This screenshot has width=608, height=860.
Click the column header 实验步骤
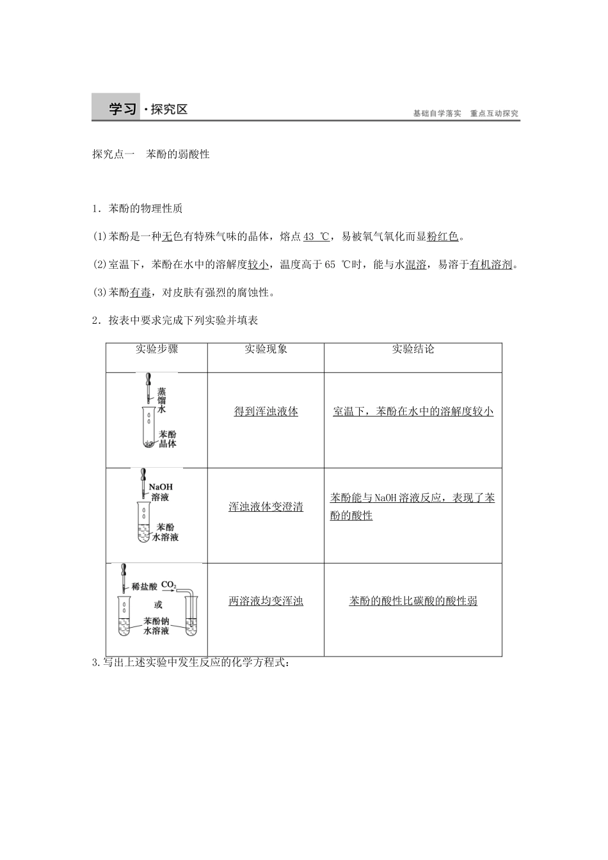point(157,349)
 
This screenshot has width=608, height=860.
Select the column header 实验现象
point(266,349)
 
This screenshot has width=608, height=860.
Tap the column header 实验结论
point(413,349)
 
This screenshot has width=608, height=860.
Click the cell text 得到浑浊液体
point(266,411)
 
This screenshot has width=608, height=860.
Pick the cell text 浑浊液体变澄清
point(266,507)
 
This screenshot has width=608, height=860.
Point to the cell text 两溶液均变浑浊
point(266,601)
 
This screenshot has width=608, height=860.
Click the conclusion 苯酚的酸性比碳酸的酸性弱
point(413,601)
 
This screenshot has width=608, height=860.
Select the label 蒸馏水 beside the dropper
point(162,401)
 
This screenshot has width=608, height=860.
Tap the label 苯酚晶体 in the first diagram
point(168,439)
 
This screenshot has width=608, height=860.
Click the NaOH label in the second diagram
point(161,486)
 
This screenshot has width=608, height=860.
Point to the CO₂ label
point(168,585)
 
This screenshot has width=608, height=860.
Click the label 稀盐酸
point(145,587)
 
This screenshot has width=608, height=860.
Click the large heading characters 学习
point(122,109)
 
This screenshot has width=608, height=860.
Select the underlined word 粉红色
point(442,237)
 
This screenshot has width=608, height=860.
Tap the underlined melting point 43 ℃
point(316,237)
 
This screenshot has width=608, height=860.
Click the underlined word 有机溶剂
point(491,264)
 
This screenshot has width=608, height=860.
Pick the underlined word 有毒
point(140,292)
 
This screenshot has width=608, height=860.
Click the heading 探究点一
point(113,154)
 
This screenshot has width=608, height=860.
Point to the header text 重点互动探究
point(494,113)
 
